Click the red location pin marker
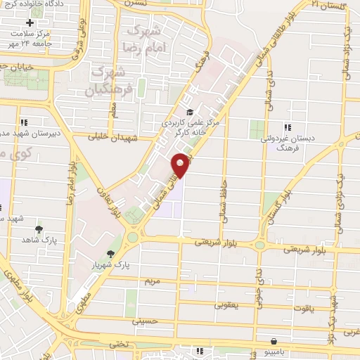(181, 165)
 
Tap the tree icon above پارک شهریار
(109, 254)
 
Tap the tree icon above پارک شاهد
(39, 229)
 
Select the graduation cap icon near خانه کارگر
(188, 112)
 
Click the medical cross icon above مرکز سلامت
(30, 23)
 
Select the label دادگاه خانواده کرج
(42, 5)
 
